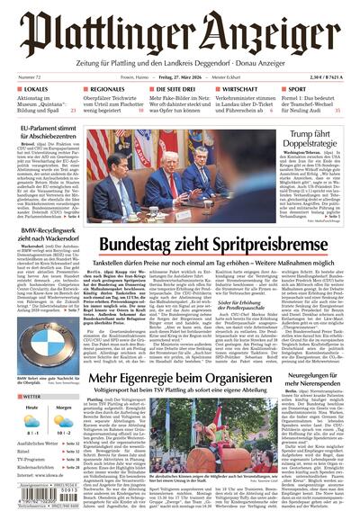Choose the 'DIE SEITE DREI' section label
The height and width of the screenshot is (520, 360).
[171, 90]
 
